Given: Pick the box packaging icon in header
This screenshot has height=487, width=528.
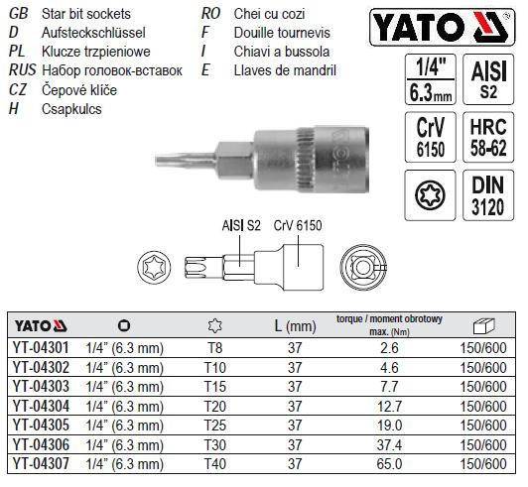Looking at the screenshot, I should pos(484,325).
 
